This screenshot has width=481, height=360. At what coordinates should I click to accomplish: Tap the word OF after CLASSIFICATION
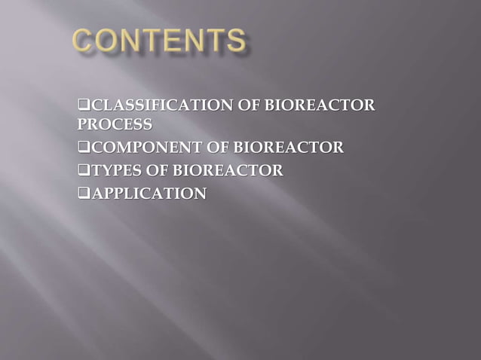coord(246,105)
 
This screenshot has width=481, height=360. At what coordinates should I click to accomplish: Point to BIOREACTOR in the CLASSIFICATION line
coord(317,105)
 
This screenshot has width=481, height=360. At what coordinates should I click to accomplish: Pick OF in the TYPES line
coord(156,171)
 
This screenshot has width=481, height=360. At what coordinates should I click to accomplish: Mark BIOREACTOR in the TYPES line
coord(228,171)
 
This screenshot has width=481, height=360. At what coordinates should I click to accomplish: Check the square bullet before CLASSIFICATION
coord(84,105)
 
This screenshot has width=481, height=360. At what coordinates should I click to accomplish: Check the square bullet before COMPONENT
coord(84,148)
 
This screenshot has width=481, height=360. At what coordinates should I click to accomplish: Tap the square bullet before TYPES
coord(84,172)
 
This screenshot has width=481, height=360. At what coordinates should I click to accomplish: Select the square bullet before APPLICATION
coord(84,195)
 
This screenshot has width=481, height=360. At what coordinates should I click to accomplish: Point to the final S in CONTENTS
coord(236,41)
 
